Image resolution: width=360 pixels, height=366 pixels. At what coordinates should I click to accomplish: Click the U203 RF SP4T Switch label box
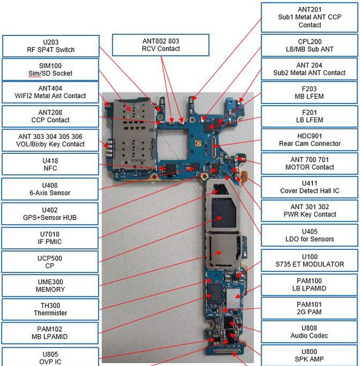point(51,46)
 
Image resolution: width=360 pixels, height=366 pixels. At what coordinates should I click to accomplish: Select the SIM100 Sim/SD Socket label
point(51,70)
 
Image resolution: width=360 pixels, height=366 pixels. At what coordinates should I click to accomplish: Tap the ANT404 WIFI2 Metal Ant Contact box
point(51,92)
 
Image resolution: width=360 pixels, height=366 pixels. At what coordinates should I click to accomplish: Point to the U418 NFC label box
point(51,164)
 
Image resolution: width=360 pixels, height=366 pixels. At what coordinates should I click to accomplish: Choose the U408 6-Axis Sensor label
point(51,189)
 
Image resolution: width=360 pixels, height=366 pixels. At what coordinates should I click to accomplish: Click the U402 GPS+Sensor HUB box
point(51,213)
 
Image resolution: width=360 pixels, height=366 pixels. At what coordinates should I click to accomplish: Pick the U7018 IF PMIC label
point(51,238)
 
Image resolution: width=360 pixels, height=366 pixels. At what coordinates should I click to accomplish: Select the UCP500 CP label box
point(51,262)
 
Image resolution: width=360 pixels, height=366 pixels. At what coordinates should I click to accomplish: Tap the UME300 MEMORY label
point(51,285)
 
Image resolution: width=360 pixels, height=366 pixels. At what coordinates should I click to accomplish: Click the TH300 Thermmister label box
point(51,309)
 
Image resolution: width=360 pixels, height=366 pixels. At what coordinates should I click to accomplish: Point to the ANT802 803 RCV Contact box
point(160,45)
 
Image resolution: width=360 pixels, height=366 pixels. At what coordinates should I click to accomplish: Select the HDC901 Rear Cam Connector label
point(310,139)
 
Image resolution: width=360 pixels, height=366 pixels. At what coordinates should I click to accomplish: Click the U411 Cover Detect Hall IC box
point(310,187)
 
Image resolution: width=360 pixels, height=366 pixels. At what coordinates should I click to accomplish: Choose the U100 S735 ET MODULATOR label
point(310,260)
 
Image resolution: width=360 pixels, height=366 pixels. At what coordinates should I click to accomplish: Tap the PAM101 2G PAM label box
point(310,308)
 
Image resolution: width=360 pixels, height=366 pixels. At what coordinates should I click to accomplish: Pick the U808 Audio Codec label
point(310,332)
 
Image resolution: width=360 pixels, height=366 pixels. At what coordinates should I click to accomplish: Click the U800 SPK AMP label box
point(310,355)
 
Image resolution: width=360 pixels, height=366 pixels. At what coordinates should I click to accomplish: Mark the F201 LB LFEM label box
point(310,116)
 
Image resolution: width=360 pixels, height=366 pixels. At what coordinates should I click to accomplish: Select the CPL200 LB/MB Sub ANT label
point(310,45)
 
